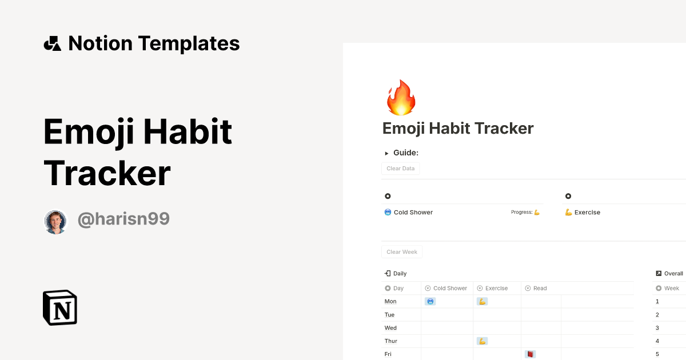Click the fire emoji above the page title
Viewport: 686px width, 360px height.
click(x=401, y=98)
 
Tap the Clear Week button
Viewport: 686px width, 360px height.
click(x=402, y=252)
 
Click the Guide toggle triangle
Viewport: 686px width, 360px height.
click(x=387, y=153)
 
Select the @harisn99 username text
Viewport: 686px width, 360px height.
click(x=123, y=219)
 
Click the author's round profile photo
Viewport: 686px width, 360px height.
click(x=56, y=221)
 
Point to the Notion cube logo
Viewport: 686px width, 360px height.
click(x=60, y=307)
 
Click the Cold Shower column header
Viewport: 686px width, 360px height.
click(x=449, y=289)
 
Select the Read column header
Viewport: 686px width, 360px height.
click(x=540, y=289)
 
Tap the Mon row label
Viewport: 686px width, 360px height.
click(x=390, y=302)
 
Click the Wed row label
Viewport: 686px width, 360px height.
click(x=390, y=328)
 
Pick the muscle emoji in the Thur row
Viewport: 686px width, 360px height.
click(x=482, y=341)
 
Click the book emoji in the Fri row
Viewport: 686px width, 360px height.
click(x=530, y=354)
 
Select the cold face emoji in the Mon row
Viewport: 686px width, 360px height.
click(x=430, y=302)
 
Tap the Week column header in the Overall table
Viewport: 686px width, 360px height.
click(x=671, y=289)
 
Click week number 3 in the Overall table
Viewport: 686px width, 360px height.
click(x=657, y=328)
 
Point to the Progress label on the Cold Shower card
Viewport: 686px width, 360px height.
click(x=521, y=213)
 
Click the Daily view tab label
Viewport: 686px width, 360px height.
click(x=400, y=274)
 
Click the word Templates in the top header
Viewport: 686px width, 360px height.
click(x=189, y=43)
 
